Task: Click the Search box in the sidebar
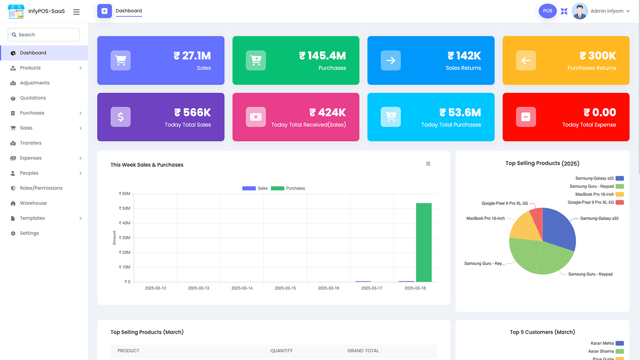pos(43,34)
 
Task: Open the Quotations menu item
pos(32,97)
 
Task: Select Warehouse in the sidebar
pos(33,203)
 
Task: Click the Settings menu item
pos(29,233)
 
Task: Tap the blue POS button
pos(547,11)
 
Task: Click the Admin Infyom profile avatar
pos(579,11)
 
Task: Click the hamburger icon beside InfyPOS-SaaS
pos(76,11)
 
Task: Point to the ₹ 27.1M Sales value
pos(192,55)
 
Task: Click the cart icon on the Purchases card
pos(255,60)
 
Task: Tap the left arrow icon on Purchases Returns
pos(525,60)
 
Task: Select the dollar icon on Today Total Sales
pos(120,117)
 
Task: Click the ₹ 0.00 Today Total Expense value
pos(599,112)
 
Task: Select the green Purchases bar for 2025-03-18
pos(423,242)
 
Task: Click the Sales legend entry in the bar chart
pos(255,188)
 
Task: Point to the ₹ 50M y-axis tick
pos(124,208)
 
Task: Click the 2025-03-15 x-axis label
pos(285,288)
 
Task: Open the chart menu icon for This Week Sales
pos(428,163)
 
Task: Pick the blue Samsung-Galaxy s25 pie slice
pos(557,228)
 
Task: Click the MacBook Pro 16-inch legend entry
pos(599,194)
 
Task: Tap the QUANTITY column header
pos(281,350)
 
